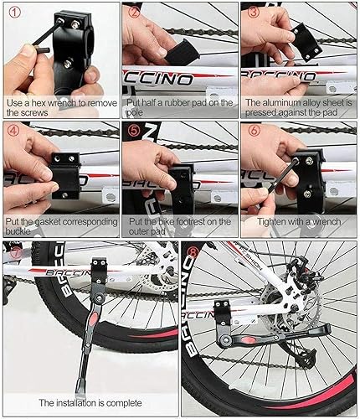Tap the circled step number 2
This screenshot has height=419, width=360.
(x=134, y=12)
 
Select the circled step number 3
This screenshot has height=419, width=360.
(x=252, y=12)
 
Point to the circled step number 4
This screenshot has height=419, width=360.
(x=13, y=132)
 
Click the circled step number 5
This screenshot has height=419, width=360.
(x=134, y=132)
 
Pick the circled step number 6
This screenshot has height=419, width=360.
(x=252, y=132)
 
